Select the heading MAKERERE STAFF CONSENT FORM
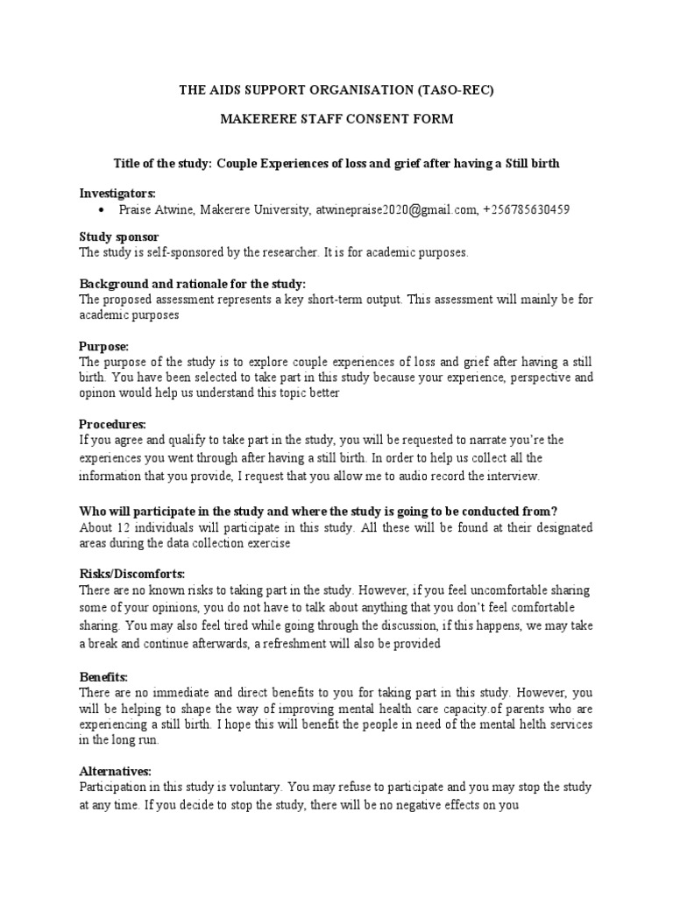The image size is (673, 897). coord(336,119)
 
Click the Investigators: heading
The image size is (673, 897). coord(117,192)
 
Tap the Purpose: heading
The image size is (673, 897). coord(104,346)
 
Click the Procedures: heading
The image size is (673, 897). coord(112,424)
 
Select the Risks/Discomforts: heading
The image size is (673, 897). coord(132,574)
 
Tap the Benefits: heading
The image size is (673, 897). coord(104,677)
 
